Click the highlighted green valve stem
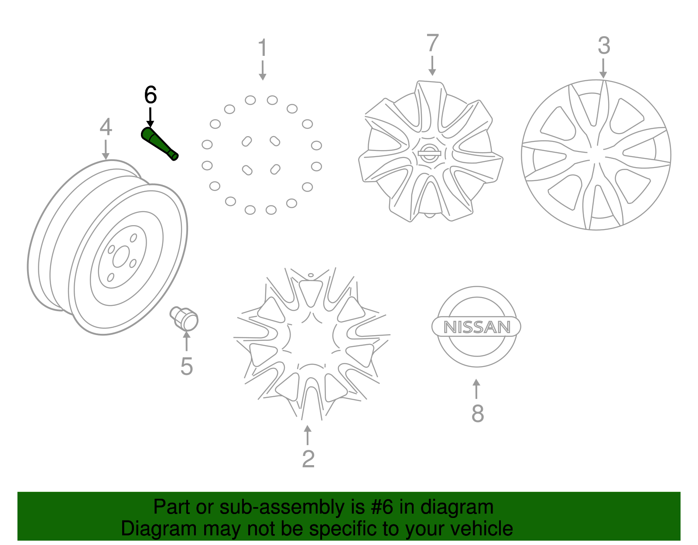(x=160, y=144)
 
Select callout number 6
(x=150, y=95)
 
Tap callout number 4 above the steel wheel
(x=106, y=127)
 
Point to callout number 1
(x=262, y=48)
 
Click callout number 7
(x=432, y=43)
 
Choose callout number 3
(x=604, y=46)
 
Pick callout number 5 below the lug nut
(x=187, y=366)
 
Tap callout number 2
(x=308, y=459)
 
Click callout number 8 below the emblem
(x=478, y=413)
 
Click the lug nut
(x=185, y=318)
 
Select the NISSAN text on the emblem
(x=477, y=327)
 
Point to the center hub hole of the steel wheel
(x=120, y=257)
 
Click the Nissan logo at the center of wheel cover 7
(x=429, y=153)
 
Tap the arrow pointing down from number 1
(x=262, y=71)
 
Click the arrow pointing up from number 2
(x=308, y=435)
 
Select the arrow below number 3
(x=603, y=69)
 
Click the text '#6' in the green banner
(x=382, y=507)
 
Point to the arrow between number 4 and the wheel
(x=106, y=149)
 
